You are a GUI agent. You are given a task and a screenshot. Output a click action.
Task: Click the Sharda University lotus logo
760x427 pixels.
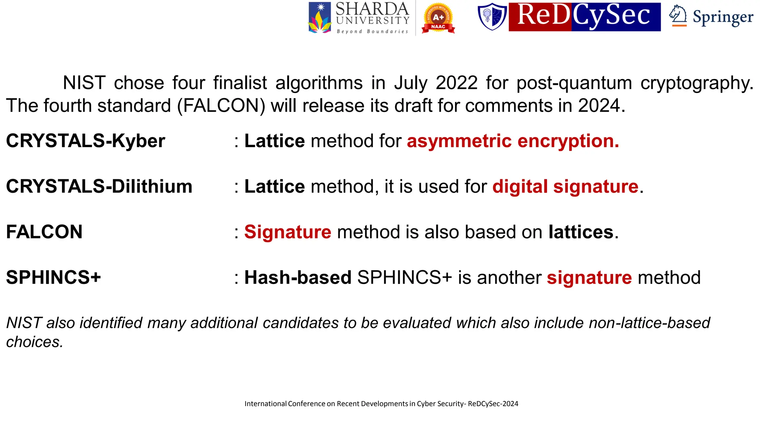(320, 18)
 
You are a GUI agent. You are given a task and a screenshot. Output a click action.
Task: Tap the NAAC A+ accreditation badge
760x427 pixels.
(438, 18)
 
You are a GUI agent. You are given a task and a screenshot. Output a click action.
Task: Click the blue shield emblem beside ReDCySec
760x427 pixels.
(492, 17)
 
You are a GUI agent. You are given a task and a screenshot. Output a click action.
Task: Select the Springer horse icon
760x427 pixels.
(678, 16)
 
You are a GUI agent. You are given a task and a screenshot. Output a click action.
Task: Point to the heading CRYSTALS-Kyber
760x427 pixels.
(85, 141)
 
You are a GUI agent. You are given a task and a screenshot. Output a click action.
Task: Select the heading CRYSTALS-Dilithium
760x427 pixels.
(99, 186)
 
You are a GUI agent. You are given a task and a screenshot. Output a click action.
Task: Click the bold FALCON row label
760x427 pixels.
(44, 232)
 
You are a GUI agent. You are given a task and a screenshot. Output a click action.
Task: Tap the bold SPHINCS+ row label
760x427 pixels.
(53, 278)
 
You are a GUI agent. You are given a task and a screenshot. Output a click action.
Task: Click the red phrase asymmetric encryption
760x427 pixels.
(513, 141)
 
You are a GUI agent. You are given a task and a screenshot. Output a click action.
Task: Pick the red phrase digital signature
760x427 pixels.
(565, 186)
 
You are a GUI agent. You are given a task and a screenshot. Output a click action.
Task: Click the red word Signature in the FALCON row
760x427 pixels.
(288, 232)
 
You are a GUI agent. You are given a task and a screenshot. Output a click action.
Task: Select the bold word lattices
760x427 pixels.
(581, 232)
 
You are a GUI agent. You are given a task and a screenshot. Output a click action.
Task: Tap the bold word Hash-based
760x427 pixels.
(298, 278)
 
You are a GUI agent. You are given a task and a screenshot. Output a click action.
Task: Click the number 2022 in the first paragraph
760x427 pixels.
(456, 83)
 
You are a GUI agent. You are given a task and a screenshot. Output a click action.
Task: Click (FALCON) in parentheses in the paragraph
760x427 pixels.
(221, 106)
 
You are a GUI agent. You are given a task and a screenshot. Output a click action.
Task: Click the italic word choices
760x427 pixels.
(35, 342)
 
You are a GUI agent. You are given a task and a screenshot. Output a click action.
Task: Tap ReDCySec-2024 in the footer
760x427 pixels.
(493, 404)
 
